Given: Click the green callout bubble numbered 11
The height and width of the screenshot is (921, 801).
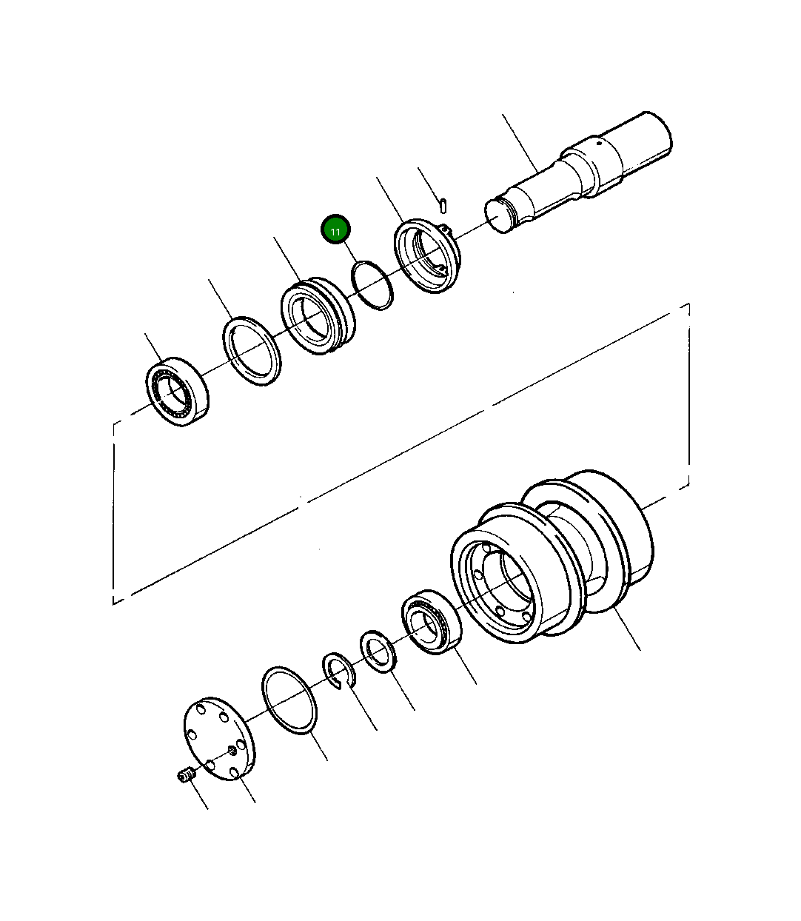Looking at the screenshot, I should [335, 231].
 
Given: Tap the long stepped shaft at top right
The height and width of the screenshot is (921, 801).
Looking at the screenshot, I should [585, 174].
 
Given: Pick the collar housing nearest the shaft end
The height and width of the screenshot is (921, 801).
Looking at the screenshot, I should [427, 256].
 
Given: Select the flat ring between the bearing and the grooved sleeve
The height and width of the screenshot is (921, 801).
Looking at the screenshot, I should [252, 350].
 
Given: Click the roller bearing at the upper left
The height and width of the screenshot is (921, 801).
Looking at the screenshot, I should [177, 391].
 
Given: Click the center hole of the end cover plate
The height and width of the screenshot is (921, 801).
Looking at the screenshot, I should [232, 751].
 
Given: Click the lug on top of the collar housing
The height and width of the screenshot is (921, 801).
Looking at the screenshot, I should [443, 230].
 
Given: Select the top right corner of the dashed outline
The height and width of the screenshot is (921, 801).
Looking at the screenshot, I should [688, 304].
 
